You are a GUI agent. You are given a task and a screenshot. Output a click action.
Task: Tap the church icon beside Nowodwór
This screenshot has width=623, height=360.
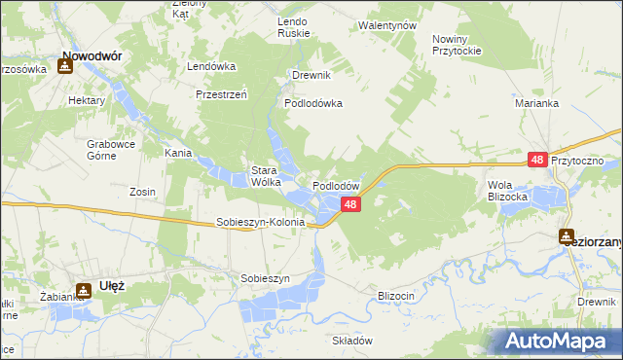(64, 67)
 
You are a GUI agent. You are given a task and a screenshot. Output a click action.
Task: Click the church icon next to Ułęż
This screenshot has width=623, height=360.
(87, 288)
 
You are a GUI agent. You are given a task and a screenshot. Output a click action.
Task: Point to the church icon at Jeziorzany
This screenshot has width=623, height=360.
(567, 235)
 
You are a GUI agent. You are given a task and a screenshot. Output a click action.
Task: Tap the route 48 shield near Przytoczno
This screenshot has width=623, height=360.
(537, 160)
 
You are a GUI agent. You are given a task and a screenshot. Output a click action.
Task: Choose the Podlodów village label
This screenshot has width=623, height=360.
(337, 185)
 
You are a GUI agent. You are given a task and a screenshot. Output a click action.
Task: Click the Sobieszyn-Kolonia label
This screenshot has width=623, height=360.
(260, 222)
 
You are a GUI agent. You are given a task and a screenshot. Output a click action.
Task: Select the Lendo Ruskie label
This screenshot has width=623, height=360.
(293, 26)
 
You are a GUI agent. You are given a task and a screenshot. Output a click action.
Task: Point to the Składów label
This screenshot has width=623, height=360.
(352, 341)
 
